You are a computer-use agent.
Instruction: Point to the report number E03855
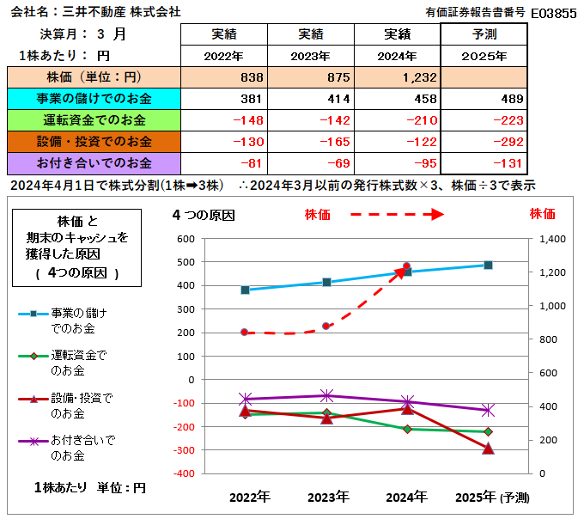pyautogui.click(x=553, y=13)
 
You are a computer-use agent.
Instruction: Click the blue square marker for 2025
pyautogui.click(x=488, y=265)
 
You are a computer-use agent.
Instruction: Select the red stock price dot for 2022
pyautogui.click(x=245, y=333)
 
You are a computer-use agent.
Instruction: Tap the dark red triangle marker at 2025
pyautogui.click(x=488, y=448)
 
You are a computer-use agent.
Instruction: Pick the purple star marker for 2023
pyautogui.click(x=326, y=395)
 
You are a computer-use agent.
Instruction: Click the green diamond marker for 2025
pyautogui.click(x=488, y=431)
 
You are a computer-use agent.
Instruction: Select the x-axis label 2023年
pyautogui.click(x=327, y=496)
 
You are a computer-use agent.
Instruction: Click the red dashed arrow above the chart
pyautogui.click(x=395, y=214)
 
